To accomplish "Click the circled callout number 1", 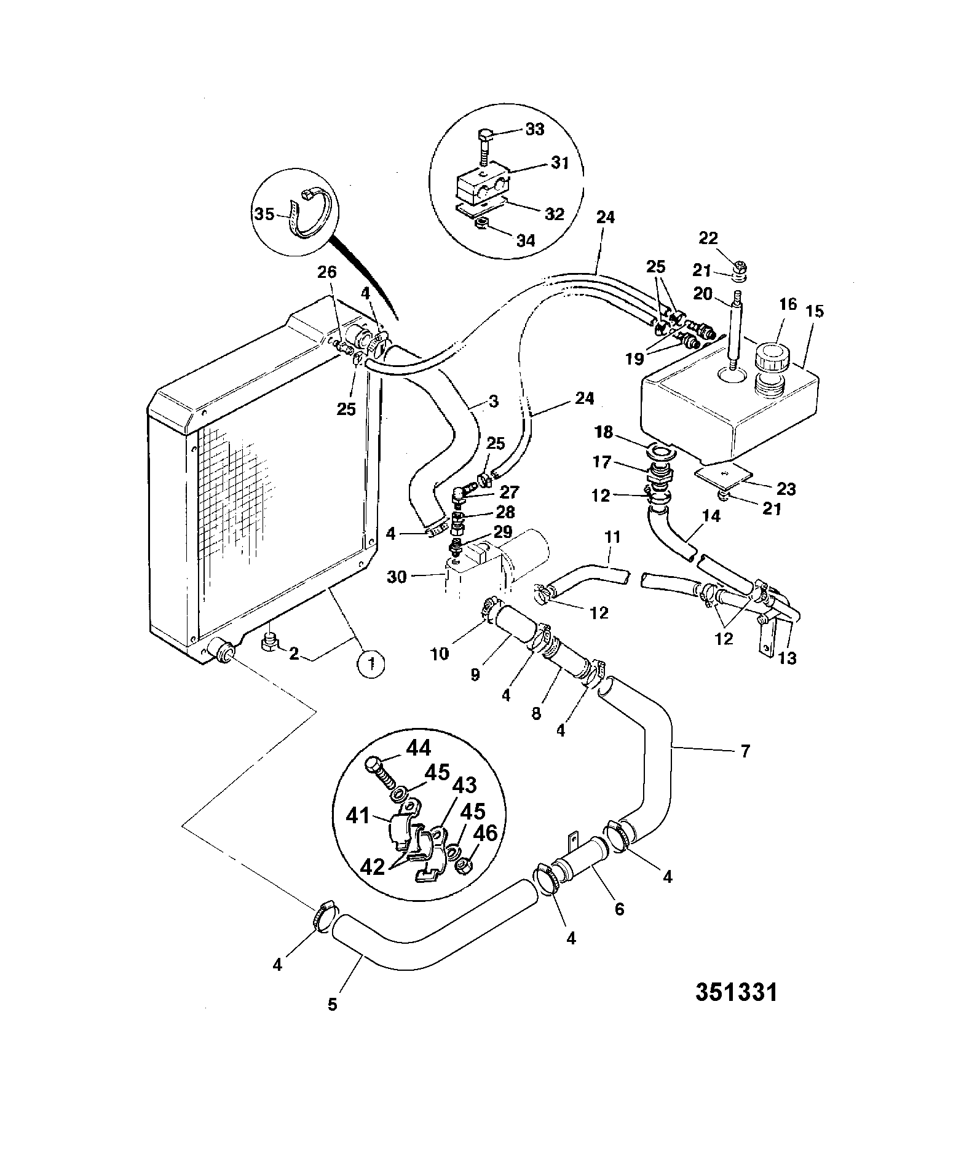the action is [371, 663].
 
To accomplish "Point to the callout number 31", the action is [559, 164].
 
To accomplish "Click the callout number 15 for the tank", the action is [815, 311].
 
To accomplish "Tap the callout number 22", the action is [708, 238].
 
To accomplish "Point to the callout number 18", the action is [604, 433].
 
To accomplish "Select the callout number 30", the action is [397, 577].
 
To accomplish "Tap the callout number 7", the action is [745, 751].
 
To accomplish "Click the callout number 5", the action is [333, 1005].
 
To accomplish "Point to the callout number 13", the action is [787, 658].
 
